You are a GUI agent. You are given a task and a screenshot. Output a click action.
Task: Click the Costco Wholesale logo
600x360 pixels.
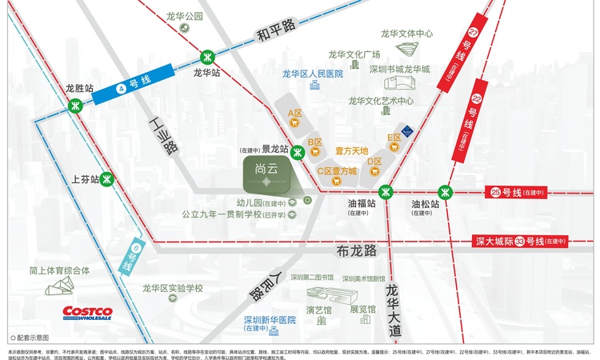[x=88, y=312]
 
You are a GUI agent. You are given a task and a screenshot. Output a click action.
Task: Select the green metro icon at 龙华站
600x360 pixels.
[x=207, y=56]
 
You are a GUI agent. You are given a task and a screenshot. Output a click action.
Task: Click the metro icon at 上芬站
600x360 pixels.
[x=105, y=180]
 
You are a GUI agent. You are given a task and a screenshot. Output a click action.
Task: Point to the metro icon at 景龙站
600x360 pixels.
[x=298, y=153]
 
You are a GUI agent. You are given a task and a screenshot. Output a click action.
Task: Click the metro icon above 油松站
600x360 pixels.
[x=446, y=191]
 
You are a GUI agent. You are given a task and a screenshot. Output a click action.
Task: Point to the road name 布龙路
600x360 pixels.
[x=357, y=250]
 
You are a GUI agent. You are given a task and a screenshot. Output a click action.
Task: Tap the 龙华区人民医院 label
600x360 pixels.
[x=312, y=74]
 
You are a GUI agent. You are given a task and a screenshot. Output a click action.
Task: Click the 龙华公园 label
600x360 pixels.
[x=185, y=16]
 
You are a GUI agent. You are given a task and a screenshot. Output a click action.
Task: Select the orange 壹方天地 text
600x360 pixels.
[x=351, y=150]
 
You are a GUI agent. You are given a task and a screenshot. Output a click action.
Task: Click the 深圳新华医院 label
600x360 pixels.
[x=269, y=319]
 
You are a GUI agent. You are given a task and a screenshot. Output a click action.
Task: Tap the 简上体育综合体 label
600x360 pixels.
[x=59, y=270]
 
